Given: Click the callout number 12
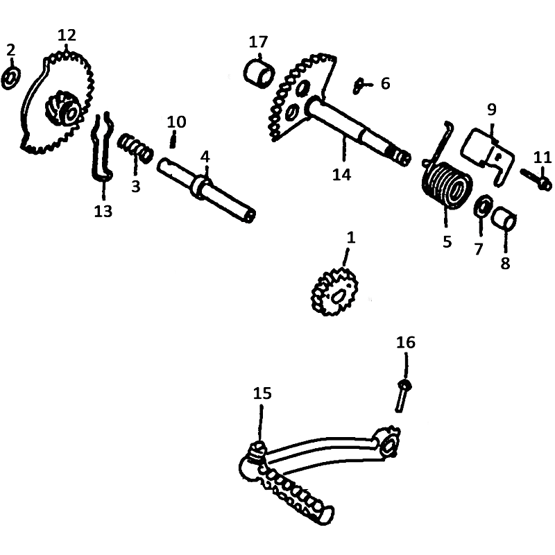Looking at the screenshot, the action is click(67, 35).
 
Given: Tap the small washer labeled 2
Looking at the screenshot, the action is click(11, 78).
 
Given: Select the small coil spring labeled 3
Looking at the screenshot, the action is click(135, 148).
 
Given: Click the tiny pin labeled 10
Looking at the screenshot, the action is click(172, 139).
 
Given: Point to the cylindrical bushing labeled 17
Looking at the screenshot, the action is click(259, 75).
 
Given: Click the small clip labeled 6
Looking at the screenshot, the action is click(358, 86).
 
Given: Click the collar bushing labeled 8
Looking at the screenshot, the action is click(504, 219).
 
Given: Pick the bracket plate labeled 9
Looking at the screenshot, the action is click(488, 154).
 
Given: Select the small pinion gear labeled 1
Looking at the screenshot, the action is click(334, 292).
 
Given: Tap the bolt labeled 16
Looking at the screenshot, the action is click(402, 396).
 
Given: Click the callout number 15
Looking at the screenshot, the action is click(262, 393).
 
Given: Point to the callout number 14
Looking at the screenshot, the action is click(341, 175).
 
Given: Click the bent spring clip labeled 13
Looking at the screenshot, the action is click(101, 146).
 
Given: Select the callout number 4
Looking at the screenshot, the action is click(205, 157).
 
